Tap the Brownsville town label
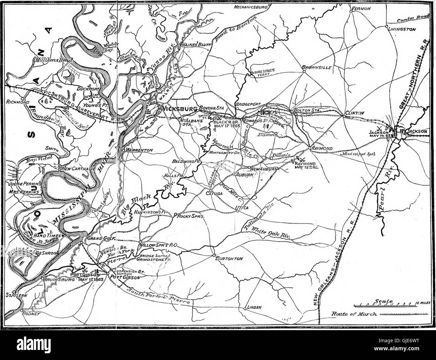tap(317, 67)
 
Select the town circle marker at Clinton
tap(344, 116)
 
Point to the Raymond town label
tap(322, 148)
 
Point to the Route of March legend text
tap(354, 314)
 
